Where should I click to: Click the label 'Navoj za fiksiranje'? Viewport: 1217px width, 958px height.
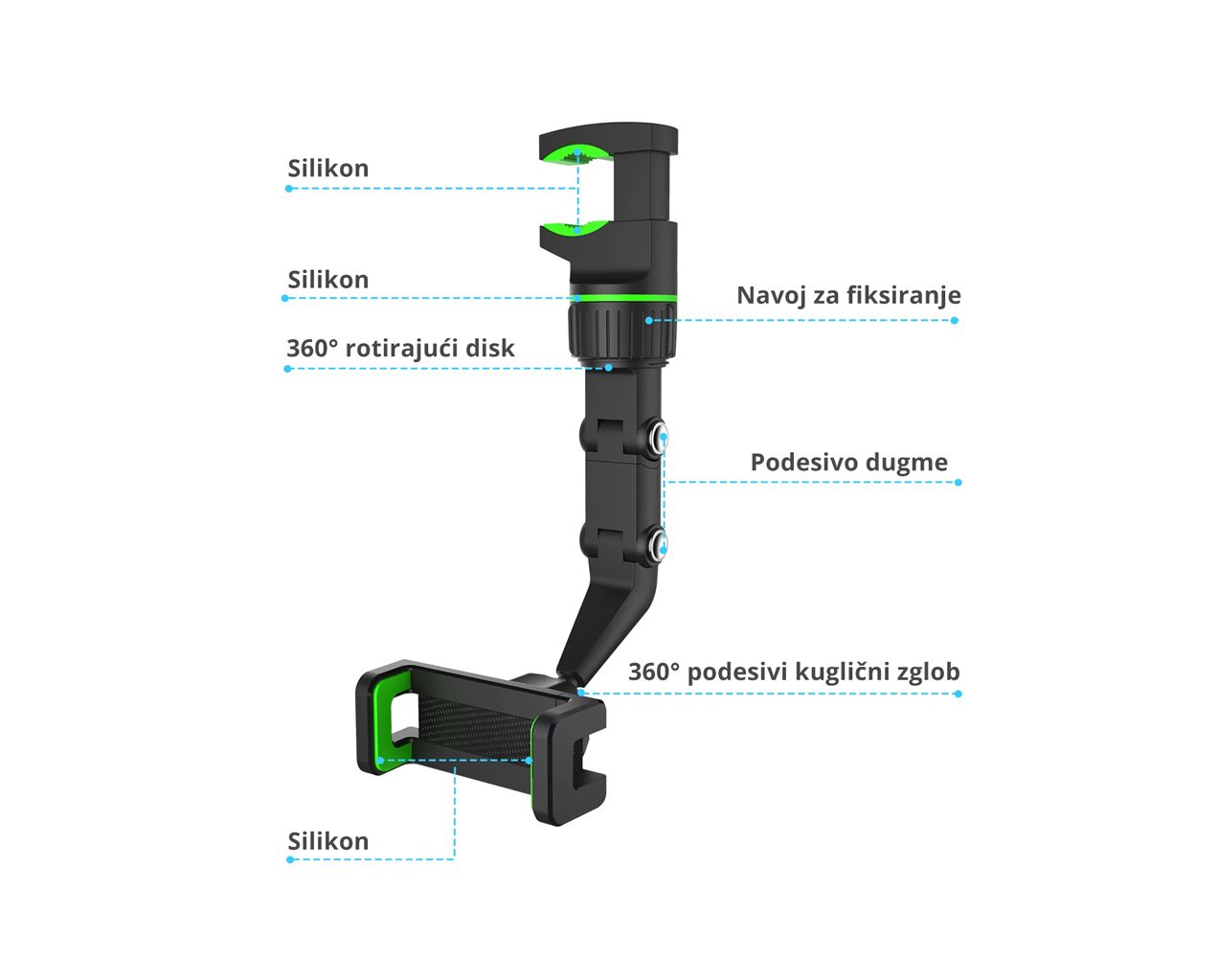pos(848,295)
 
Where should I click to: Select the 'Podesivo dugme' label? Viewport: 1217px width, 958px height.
pos(849,463)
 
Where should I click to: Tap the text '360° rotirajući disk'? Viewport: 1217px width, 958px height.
pos(400,348)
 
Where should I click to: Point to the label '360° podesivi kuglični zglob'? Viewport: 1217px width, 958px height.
pos(794,672)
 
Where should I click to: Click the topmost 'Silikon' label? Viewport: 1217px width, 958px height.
pos(328,168)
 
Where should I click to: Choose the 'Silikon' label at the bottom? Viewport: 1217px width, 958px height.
pos(328,841)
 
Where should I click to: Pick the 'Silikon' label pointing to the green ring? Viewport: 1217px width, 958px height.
pos(328,280)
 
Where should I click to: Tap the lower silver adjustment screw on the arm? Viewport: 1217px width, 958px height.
pos(659,546)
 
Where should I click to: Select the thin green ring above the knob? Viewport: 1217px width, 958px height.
pos(623,298)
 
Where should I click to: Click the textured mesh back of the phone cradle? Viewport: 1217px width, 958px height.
pos(474,728)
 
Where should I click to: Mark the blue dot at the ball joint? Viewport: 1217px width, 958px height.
pos(579,692)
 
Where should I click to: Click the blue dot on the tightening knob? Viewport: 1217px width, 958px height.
pos(648,320)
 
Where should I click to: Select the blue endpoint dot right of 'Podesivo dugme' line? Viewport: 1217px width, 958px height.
pos(958,483)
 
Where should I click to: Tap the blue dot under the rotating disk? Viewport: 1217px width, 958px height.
pos(609,367)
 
